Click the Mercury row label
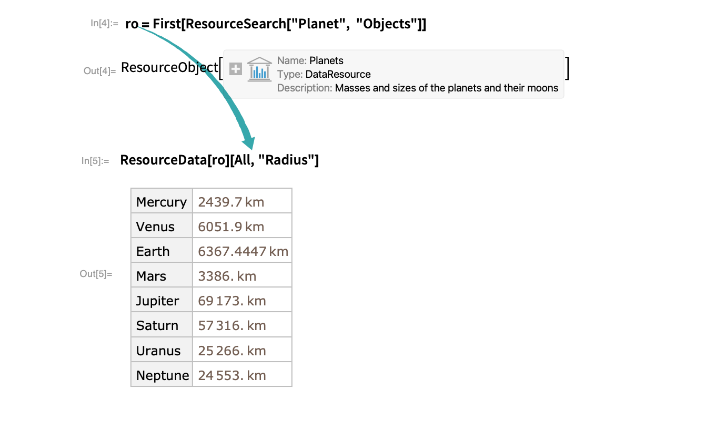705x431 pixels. coord(162,202)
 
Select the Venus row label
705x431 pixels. coord(155,227)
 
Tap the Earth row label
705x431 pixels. coord(153,251)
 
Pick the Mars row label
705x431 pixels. coord(151,276)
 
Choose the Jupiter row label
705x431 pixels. coord(157,301)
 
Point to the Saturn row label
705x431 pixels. coord(157,325)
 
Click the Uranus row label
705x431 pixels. coord(158,351)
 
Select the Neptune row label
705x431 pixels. coord(162,375)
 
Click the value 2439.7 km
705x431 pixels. coord(231,202)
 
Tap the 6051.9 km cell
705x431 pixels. coord(231,227)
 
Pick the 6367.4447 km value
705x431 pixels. coord(243,251)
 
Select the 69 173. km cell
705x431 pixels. coord(232,301)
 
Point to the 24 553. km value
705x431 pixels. coord(232,375)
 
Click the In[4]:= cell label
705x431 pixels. coord(104,23)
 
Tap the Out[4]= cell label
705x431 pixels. coord(99,71)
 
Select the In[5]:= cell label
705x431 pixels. coord(95,161)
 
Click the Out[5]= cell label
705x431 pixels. coord(96,274)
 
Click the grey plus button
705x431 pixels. coord(236,69)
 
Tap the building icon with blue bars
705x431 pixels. coord(259,69)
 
